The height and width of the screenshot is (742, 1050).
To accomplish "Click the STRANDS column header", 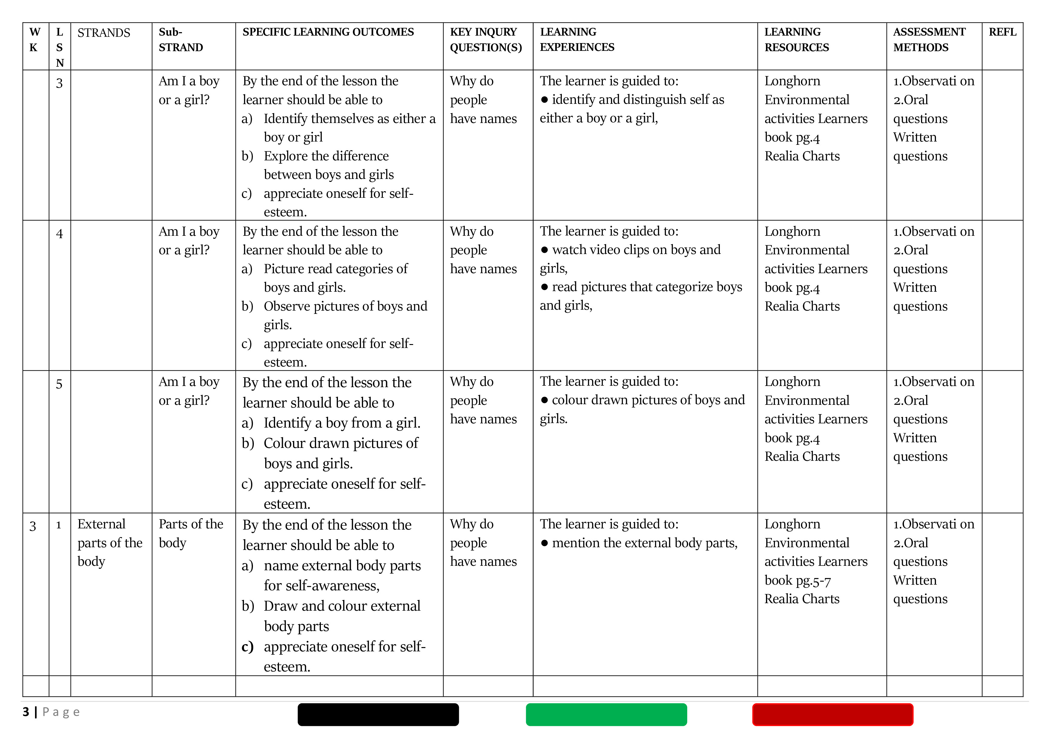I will pos(104,33).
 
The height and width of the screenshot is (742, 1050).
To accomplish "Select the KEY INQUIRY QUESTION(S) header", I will pos(486,40).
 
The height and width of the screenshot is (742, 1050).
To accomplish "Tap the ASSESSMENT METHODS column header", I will pos(929,40).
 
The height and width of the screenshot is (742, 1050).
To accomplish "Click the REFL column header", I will pos(1002,32).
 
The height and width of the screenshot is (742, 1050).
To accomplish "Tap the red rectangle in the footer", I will pos(832,714).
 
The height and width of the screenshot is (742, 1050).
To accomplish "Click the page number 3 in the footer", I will pos(26,712).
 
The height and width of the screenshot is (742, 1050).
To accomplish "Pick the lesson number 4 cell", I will pos(60,234).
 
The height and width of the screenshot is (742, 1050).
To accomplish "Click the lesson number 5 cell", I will pos(60,384).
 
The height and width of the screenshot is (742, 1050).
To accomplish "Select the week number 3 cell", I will pos(33,526).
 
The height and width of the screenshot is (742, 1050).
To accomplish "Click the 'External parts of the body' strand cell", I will pos(110,543).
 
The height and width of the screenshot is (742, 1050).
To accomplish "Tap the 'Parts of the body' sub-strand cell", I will pos(191,533).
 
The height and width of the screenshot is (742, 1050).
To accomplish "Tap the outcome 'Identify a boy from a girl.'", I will pos(342,423).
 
